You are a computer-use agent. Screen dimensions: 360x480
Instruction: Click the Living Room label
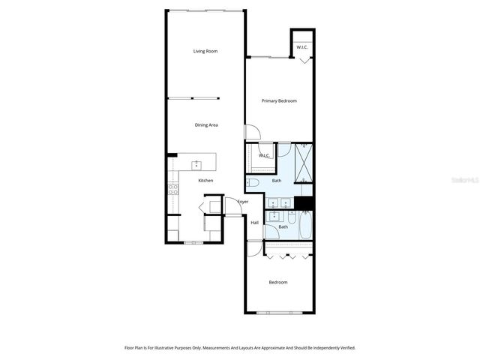point(205,51)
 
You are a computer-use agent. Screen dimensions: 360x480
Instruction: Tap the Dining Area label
point(205,124)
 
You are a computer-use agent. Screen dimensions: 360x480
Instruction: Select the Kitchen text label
point(205,181)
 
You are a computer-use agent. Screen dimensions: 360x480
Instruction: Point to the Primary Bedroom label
point(279,100)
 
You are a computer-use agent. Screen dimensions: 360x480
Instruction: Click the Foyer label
point(243,202)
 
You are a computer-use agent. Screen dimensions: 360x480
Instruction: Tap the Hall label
point(254,222)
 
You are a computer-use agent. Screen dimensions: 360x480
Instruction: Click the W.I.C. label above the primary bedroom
point(301,47)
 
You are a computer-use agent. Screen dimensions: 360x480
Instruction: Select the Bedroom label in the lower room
point(278,282)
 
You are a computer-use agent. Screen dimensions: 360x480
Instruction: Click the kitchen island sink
point(196,163)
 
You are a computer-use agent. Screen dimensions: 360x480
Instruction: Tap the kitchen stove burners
point(173,188)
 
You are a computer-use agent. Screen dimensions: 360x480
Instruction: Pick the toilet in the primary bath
point(253,182)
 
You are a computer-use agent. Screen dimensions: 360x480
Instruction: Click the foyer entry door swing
point(232,206)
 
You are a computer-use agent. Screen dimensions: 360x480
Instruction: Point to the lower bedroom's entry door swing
point(254,249)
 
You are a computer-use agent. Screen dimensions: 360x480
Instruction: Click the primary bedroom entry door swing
point(253,132)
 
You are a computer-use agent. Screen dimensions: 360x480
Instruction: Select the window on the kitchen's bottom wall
point(193,242)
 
